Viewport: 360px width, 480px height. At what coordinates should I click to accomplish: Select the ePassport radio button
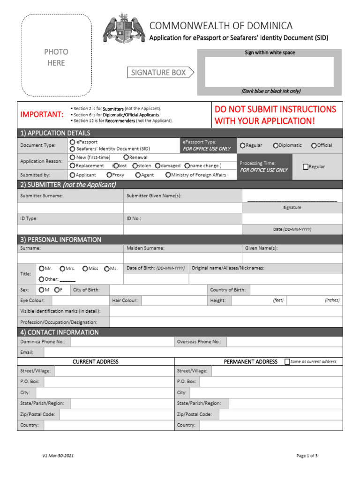(72, 142)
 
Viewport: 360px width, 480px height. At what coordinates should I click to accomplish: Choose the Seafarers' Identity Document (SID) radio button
(72, 148)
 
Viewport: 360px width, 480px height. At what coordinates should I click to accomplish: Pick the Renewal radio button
(126, 157)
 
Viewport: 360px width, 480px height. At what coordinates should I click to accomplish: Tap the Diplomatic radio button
(276, 145)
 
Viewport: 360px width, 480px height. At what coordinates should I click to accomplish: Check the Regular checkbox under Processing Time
(306, 166)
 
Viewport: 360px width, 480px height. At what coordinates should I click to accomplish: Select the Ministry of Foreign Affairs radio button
(168, 175)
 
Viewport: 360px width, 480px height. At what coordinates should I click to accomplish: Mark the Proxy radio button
(109, 175)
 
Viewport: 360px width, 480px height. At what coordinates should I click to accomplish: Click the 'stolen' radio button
(135, 165)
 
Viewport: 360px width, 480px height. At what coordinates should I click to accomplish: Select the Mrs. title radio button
(62, 268)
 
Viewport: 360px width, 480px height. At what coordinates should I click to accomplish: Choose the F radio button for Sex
(56, 290)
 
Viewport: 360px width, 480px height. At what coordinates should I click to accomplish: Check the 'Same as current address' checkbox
(287, 361)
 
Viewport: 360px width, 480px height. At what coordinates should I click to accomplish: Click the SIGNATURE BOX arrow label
(160, 72)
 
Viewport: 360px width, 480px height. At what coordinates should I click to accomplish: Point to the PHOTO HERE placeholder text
(56, 57)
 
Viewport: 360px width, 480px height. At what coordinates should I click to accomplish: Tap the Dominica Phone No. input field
(122, 342)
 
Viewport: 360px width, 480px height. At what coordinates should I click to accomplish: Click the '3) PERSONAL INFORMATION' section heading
(60, 240)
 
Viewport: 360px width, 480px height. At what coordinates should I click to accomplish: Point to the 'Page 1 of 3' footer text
(307, 456)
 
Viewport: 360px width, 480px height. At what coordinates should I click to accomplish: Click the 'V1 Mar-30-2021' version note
(58, 456)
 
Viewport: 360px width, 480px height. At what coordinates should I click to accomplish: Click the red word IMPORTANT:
(42, 114)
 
